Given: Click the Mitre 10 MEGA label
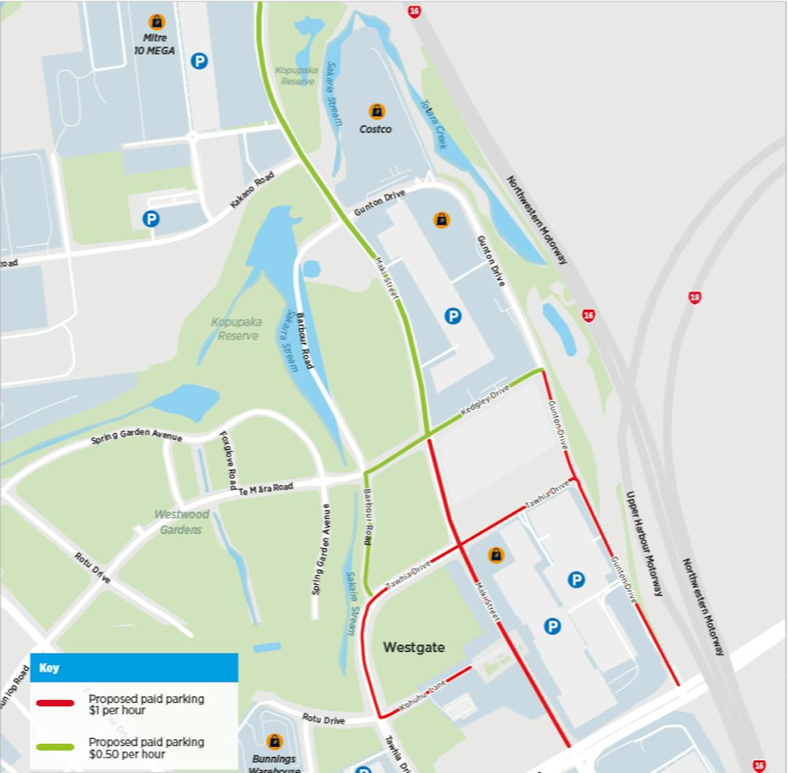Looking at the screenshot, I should pos(156,44).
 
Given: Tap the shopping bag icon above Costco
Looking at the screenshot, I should pos(376,112).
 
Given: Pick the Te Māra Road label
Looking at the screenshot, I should pos(266,488).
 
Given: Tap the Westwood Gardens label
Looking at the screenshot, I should pos(181,522).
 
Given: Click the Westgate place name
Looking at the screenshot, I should pos(413,647).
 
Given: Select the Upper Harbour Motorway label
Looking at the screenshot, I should pos(644,543).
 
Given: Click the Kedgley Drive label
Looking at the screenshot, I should pos(484,404).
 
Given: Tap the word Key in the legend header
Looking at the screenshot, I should pos(49,668).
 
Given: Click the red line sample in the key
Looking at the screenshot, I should pos(56,703).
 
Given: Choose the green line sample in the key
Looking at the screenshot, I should pos(56,747).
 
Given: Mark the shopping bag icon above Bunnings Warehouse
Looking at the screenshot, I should pos(274,742).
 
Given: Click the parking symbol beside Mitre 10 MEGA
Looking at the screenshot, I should pos(199,61).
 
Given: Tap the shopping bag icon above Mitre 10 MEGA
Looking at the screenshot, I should pos(156,21).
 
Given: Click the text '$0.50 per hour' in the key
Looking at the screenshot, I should pos(124,754).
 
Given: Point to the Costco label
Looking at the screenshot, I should pos(376,129).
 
